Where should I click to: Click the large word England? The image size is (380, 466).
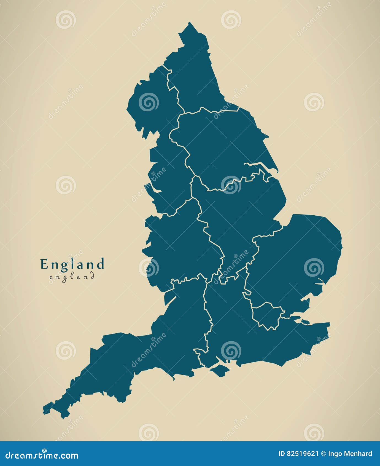pyautogui.click(x=72, y=264)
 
